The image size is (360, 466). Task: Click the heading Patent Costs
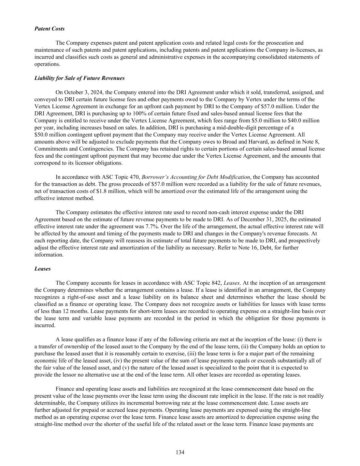point(49,29)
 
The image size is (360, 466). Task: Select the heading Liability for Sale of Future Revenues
point(80,78)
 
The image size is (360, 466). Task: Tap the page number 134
point(180,452)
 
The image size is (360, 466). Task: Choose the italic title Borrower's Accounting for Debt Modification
point(196,177)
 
